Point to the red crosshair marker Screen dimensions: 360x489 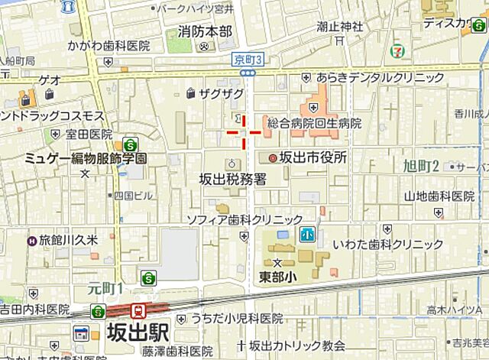click(x=244, y=131)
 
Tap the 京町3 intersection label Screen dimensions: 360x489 click(x=248, y=60)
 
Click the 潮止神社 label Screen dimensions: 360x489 click(x=338, y=27)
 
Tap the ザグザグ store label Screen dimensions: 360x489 click(x=221, y=93)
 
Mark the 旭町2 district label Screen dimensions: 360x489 click(x=421, y=166)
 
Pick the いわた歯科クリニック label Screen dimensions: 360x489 click(x=390, y=245)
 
